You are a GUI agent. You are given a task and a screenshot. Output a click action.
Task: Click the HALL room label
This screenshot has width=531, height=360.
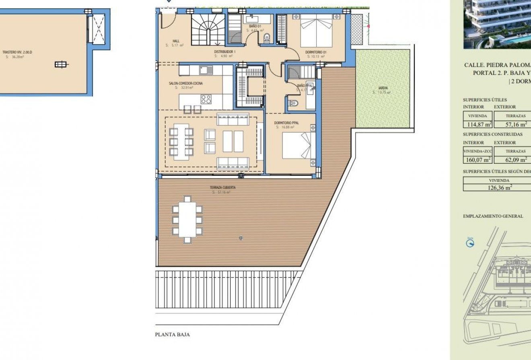176,41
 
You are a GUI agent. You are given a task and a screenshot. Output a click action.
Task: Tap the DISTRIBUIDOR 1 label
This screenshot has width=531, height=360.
224,52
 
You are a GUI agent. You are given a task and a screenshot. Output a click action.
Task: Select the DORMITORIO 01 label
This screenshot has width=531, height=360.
316,52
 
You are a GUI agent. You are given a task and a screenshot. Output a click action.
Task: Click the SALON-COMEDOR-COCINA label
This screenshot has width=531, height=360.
186,83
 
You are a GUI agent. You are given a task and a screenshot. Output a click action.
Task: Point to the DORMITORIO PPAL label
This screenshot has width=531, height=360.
286,123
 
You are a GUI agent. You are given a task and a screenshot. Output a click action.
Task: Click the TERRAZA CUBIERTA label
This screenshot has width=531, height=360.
222,187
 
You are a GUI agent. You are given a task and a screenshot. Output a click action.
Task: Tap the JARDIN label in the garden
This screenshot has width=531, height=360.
383,88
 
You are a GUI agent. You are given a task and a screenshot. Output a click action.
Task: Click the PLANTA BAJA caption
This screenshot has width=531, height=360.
172,334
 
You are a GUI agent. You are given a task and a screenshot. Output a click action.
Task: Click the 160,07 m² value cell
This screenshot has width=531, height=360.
477,160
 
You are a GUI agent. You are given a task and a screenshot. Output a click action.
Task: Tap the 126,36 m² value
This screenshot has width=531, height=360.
499,187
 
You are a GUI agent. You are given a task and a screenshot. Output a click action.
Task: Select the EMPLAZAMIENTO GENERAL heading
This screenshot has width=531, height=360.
493,216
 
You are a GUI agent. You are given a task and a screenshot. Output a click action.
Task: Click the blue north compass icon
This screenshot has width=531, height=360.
470,243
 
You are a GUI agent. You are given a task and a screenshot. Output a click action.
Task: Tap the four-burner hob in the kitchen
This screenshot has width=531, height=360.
206,99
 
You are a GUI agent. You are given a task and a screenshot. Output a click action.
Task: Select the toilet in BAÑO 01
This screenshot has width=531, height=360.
266,38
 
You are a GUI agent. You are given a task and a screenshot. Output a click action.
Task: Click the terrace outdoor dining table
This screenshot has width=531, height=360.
187,219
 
